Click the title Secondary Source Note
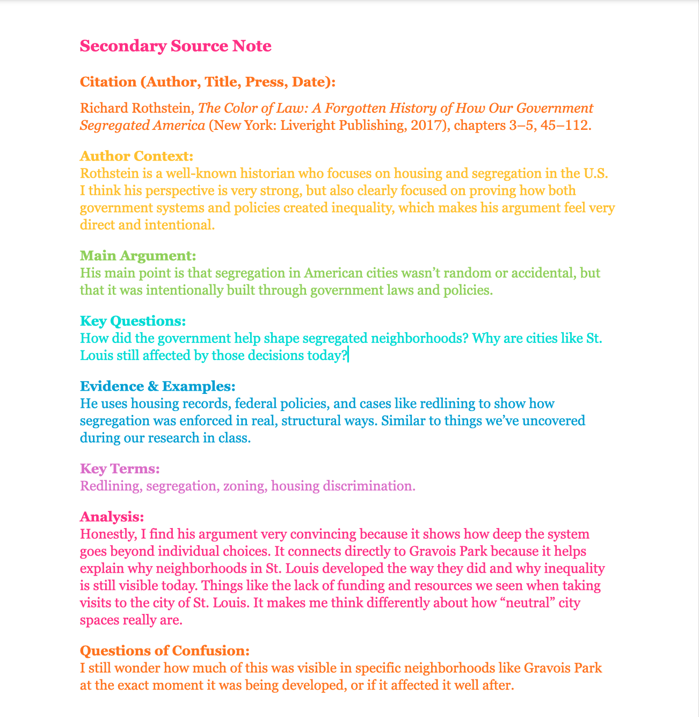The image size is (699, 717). click(176, 46)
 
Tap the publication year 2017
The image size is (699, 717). click(420, 126)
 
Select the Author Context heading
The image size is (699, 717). click(136, 156)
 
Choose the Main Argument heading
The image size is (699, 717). click(138, 255)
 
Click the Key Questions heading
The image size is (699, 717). click(133, 321)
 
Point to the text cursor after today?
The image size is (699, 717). click(348, 356)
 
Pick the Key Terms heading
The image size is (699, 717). click(120, 469)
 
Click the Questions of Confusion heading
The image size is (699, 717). click(165, 651)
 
